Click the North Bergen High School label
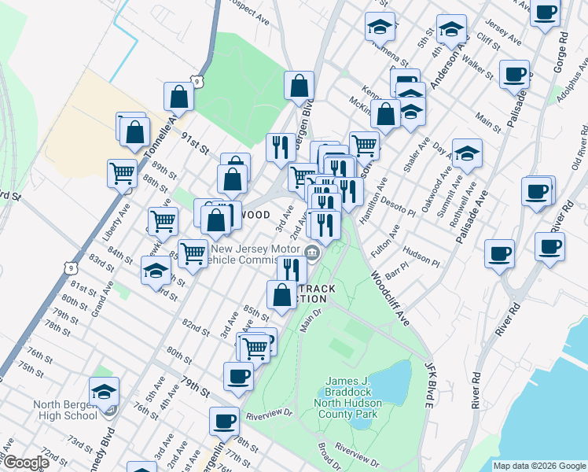coord(65,411)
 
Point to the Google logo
coord(25,463)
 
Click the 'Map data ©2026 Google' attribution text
coord(538,465)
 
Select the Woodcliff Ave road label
coord(390,298)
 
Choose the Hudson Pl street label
coord(417,254)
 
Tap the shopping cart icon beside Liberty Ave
coord(123,172)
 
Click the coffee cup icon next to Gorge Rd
coord(545,13)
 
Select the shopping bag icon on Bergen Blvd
coord(300,86)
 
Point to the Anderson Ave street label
coord(443,68)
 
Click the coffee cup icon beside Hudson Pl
coord(499,253)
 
